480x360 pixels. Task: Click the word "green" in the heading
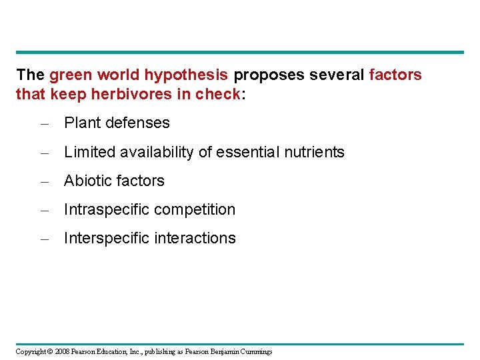click(69, 75)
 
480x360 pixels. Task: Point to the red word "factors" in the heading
click(395, 75)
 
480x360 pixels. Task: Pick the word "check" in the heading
click(217, 94)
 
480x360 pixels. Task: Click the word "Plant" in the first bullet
click(81, 123)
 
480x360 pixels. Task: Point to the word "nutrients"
click(310, 152)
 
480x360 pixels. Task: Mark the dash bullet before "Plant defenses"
click(43, 123)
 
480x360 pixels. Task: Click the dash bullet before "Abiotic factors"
click(43, 181)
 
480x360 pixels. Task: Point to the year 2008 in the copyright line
click(63, 351)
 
